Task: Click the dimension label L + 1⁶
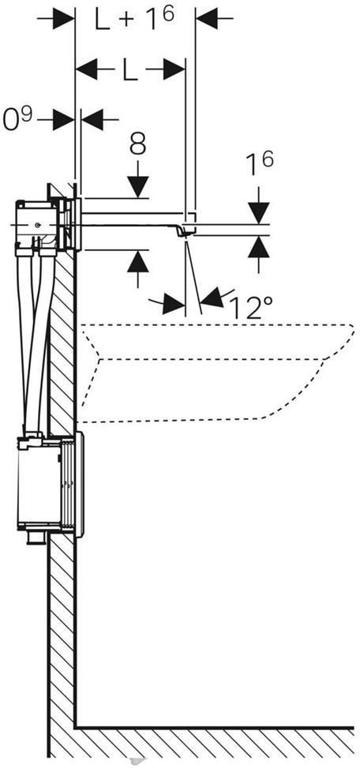[135, 20]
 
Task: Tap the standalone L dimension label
[129, 69]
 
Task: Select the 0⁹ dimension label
[17, 118]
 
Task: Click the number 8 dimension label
[138, 145]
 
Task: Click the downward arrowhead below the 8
[138, 186]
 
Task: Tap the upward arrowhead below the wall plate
[138, 261]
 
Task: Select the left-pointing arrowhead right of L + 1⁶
[206, 19]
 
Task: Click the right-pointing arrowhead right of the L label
[174, 69]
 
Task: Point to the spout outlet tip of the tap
[186, 235]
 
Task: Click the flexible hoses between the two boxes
[34, 343]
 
